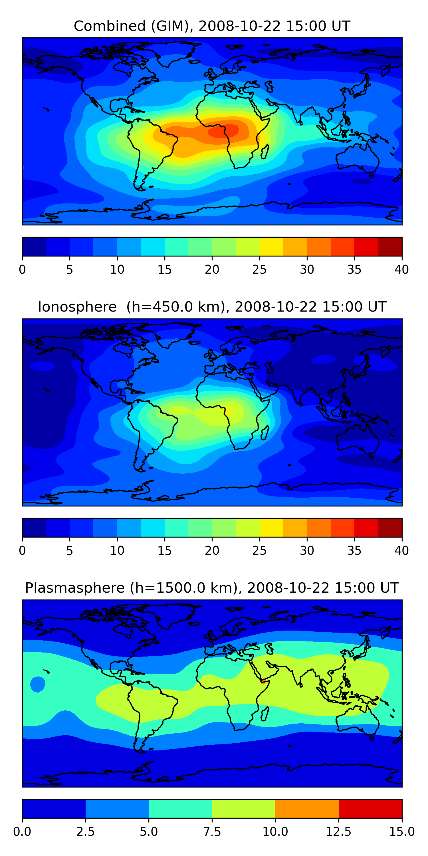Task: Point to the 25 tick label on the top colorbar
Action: click(x=259, y=269)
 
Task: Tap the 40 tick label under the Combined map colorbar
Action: click(x=401, y=269)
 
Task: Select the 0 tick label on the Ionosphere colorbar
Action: click(x=22, y=551)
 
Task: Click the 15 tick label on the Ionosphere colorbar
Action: click(x=164, y=551)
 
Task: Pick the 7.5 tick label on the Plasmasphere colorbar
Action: click(x=212, y=832)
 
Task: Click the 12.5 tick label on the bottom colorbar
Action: click(x=339, y=832)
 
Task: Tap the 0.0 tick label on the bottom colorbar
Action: click(x=22, y=832)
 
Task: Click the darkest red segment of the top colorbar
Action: click(x=390, y=247)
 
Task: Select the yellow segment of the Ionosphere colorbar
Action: click(x=271, y=527)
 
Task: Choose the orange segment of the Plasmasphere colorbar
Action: click(x=307, y=808)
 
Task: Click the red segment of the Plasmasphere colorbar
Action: click(x=370, y=808)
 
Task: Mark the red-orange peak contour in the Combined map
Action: click(x=223, y=131)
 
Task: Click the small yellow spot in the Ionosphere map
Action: click(x=229, y=411)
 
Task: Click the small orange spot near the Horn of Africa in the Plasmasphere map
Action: click(x=263, y=682)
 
